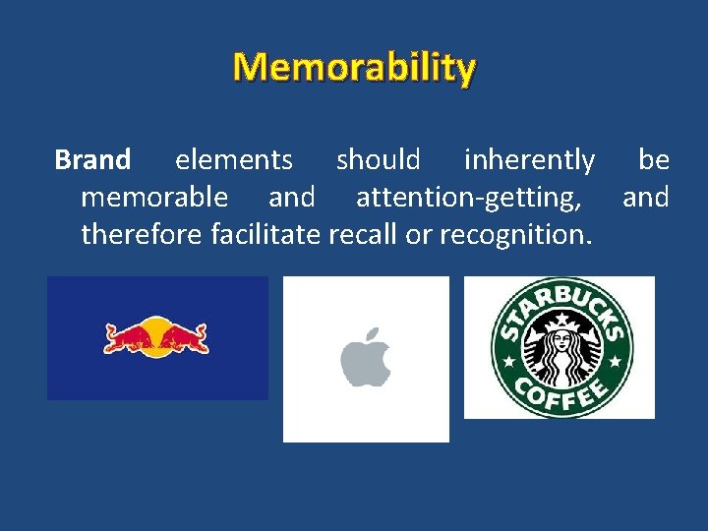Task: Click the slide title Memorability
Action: point(354,68)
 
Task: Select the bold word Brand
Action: point(92,159)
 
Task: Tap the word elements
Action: point(233,159)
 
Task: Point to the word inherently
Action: point(529,159)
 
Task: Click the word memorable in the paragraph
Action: point(154,198)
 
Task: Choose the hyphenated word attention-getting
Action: point(468,198)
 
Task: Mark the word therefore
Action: point(143,235)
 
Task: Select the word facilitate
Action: point(267,235)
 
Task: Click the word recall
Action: point(364,235)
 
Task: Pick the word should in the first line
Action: point(379,159)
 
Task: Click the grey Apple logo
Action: point(365,361)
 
